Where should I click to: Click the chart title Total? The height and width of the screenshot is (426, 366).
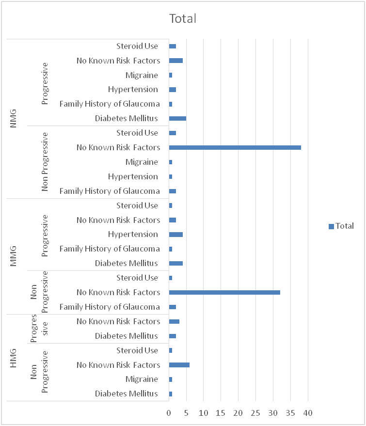183,19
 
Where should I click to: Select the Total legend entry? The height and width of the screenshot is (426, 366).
341,226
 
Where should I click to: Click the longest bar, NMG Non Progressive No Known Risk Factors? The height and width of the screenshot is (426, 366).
235,147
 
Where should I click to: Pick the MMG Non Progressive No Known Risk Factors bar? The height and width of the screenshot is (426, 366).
224,292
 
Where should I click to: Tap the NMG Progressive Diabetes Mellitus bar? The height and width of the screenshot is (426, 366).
177,118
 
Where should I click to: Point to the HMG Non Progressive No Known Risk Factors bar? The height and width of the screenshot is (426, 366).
179,365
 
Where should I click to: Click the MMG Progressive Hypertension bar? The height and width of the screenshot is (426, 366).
175,235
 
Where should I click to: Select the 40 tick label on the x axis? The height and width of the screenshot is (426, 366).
307,413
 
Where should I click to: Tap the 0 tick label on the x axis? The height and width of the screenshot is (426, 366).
169,413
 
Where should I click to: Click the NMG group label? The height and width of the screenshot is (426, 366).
14,119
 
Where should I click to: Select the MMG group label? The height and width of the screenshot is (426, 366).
14,256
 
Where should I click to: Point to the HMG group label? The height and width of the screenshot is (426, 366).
14,358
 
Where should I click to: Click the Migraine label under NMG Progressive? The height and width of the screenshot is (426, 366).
142,75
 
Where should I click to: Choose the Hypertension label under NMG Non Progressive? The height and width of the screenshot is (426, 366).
133,176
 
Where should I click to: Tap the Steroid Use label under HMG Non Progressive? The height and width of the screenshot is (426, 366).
137,350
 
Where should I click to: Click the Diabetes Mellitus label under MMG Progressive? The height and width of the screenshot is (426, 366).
127,263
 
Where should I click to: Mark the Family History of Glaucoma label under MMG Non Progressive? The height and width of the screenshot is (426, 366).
110,307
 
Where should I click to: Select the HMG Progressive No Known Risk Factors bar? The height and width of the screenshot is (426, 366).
174,321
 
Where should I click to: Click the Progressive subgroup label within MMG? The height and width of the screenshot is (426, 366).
45,235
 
